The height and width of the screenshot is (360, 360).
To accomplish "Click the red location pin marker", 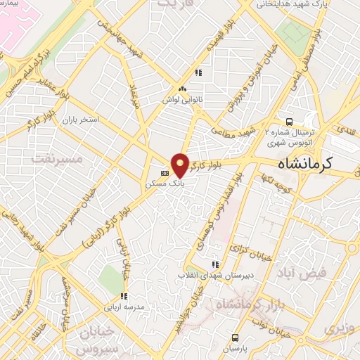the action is tap(181, 165).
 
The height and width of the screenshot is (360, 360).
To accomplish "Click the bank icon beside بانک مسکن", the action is tap(165, 172).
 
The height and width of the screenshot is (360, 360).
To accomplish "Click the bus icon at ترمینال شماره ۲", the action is tap(289, 120).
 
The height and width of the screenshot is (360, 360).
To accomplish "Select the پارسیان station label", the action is tap(238, 348).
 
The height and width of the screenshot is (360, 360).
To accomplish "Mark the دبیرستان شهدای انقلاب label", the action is tap(212, 274).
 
